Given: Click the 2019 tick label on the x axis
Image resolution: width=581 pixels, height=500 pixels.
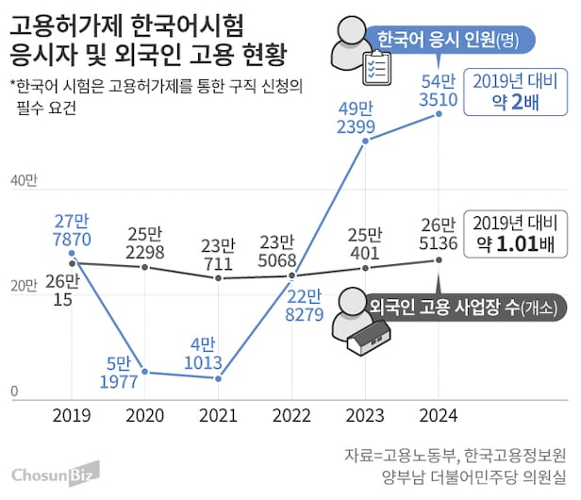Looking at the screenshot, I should point(72,414).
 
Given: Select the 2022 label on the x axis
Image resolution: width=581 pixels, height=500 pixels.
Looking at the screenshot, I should point(292,414).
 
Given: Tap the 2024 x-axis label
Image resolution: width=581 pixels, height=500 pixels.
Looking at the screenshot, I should point(440,414).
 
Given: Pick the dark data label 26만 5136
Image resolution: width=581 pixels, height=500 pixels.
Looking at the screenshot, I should point(440,236).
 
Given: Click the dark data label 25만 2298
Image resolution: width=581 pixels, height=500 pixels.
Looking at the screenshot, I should point(144,243).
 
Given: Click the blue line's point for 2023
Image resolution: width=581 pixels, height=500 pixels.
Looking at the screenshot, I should point(366,141).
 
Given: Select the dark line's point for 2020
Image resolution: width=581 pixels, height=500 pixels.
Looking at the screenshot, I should point(145,267).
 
